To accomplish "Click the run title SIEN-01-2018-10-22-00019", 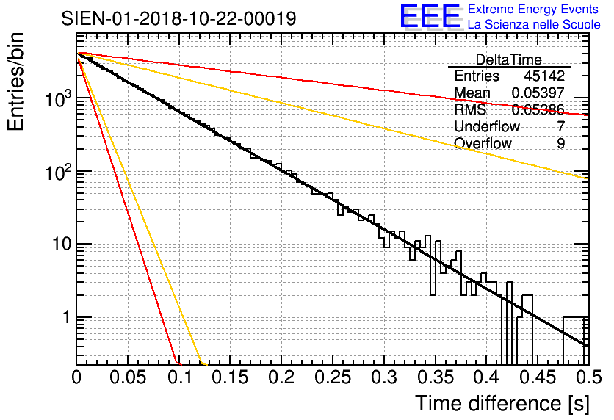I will point(179,18).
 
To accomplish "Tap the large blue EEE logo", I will point(430,17).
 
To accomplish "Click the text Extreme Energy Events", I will point(533,10).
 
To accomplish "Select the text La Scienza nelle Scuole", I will point(533,25).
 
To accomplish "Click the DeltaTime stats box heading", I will point(508,59).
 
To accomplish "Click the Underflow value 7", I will point(560,127).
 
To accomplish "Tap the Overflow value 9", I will point(560,144).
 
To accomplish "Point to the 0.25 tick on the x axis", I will point(332,378).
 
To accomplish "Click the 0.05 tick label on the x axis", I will point(128,378).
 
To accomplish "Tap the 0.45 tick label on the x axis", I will point(537,378).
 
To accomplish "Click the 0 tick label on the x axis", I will point(76,378).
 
